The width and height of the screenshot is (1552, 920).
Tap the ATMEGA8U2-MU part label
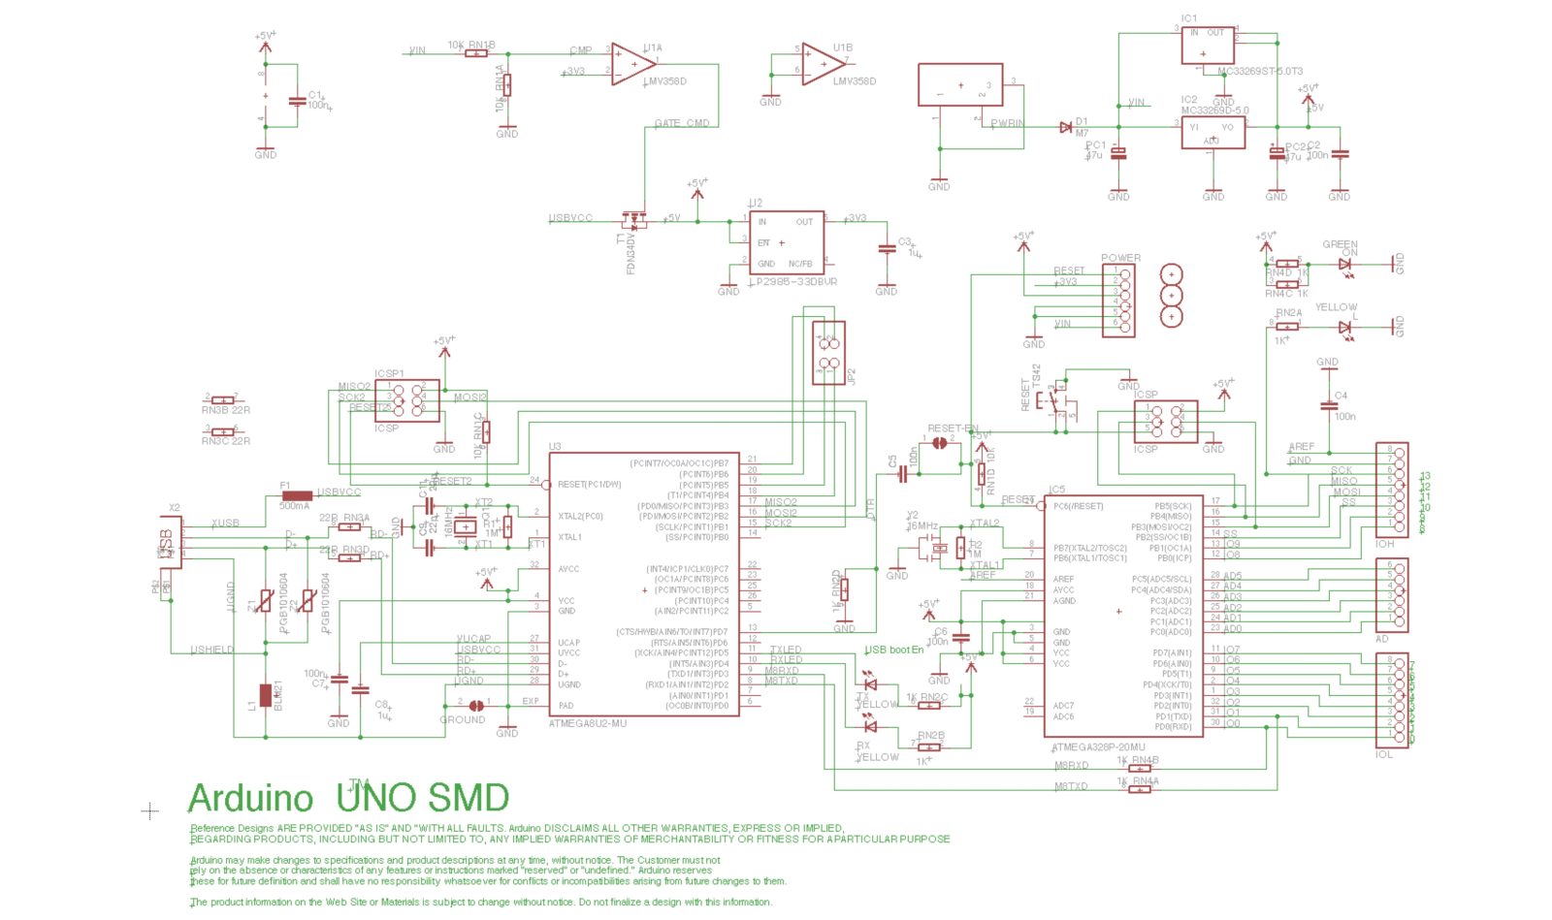[588, 724]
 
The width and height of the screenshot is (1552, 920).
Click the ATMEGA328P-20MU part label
[1098, 747]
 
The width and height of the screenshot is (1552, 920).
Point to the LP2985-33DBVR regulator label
[792, 282]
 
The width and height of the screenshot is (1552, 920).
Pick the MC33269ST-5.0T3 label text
[1260, 72]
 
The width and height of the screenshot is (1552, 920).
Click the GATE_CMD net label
[681, 123]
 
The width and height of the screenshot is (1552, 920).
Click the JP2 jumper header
[828, 354]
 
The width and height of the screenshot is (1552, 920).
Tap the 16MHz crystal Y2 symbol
[937, 549]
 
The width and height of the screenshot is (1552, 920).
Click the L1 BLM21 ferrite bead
[265, 695]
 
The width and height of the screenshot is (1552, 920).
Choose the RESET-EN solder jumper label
[953, 428]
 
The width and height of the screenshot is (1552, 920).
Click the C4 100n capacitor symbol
[1328, 406]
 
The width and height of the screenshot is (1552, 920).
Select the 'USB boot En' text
[893, 650]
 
